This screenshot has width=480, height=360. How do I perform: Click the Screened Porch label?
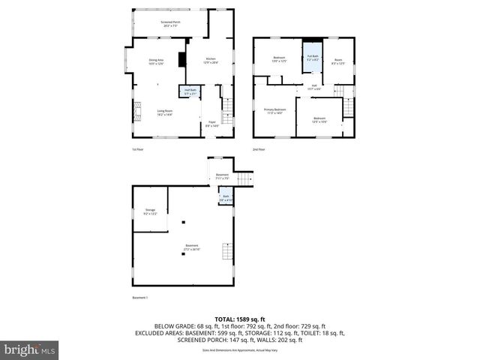point(170,23)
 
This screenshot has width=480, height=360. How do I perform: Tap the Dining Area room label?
point(155,62)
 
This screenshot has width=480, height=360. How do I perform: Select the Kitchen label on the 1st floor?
point(211,61)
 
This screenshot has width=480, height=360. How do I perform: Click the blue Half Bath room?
point(189,91)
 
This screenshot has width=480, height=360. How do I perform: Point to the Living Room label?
point(164,113)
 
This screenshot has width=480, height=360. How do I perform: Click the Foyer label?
point(211,124)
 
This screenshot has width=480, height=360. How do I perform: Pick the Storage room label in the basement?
point(149,213)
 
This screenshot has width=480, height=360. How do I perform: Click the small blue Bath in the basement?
point(226,198)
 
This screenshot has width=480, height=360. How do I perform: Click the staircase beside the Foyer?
point(229,106)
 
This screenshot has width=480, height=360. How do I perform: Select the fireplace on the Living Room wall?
point(136,112)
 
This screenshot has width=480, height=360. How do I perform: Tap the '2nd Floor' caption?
point(258,150)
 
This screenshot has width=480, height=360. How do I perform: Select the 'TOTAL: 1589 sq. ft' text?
point(239,318)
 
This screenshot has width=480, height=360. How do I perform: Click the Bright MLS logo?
point(30,349)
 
